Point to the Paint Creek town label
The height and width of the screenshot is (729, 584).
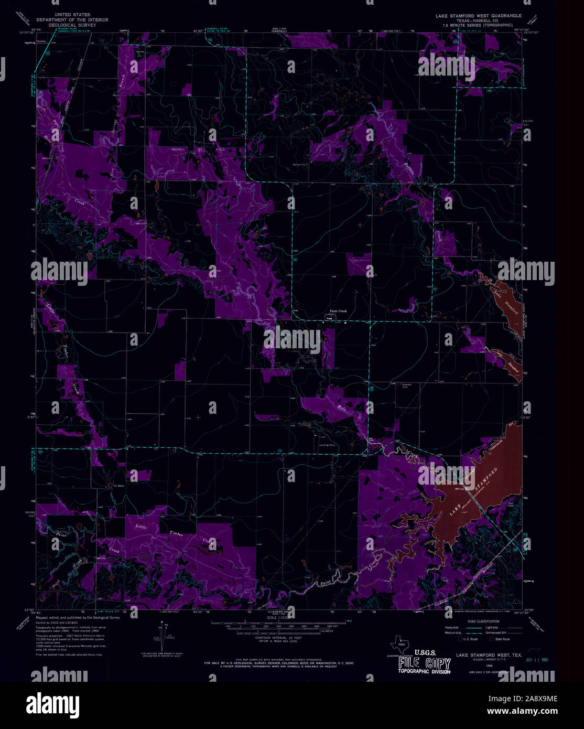click(338, 311)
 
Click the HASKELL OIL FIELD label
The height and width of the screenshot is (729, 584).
click(199, 149)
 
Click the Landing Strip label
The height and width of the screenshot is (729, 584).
click(327, 446)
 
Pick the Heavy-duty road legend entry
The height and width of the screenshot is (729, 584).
click(452, 627)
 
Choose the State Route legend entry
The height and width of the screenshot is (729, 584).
click(502, 639)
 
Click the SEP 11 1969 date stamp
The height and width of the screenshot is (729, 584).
click(536, 660)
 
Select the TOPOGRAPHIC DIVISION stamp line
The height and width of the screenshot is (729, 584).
click(424, 671)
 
